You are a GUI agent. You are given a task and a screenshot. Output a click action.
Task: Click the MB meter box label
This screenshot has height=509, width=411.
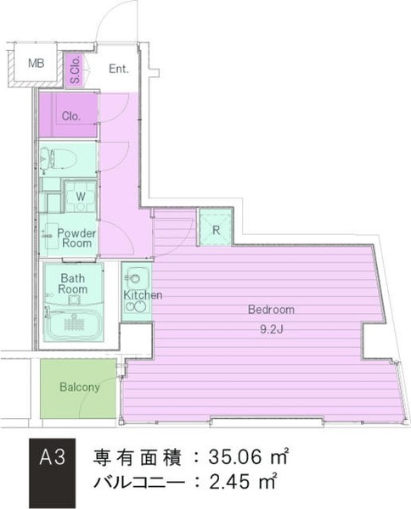[36, 63]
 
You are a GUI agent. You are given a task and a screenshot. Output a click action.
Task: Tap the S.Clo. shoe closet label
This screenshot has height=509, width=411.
[75, 70]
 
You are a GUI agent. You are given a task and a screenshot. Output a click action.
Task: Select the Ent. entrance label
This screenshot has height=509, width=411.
[119, 69]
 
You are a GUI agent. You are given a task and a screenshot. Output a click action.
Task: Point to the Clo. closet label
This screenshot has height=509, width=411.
[71, 116]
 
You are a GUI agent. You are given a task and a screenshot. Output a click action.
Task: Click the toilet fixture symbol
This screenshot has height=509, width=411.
[58, 159]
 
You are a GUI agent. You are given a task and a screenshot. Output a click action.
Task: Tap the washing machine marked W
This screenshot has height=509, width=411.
[81, 197]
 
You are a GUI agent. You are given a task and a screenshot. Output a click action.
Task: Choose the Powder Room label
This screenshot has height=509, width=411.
[76, 238]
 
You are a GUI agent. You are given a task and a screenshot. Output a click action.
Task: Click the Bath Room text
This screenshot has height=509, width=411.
[73, 283]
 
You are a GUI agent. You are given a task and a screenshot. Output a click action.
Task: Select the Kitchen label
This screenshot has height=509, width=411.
[143, 294]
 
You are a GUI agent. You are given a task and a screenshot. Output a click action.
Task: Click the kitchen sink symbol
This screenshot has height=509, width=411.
[136, 278]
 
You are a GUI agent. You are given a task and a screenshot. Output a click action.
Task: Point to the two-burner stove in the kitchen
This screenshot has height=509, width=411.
[137, 306]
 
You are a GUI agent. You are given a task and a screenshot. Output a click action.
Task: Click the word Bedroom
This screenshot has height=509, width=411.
[271, 310]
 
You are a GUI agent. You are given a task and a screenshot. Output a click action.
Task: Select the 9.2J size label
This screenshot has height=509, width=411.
[272, 329]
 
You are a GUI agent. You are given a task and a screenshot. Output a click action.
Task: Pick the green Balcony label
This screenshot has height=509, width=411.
[80, 387]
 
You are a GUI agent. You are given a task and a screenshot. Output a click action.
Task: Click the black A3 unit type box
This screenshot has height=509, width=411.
[53, 473]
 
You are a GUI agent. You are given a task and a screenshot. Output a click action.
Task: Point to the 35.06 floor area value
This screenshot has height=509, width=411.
[235, 456]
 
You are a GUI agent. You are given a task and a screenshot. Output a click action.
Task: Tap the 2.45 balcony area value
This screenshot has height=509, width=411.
[230, 482]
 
